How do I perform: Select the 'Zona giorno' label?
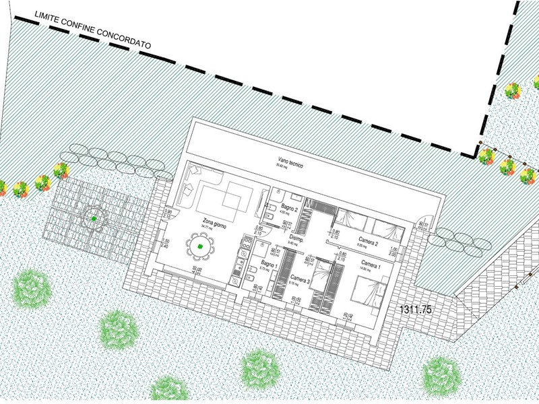216,222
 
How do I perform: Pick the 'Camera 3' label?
300,277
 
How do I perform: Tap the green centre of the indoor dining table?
200,248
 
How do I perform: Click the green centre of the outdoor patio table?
94,218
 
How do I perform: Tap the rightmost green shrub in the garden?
441,374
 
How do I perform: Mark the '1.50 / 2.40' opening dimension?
165,243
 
